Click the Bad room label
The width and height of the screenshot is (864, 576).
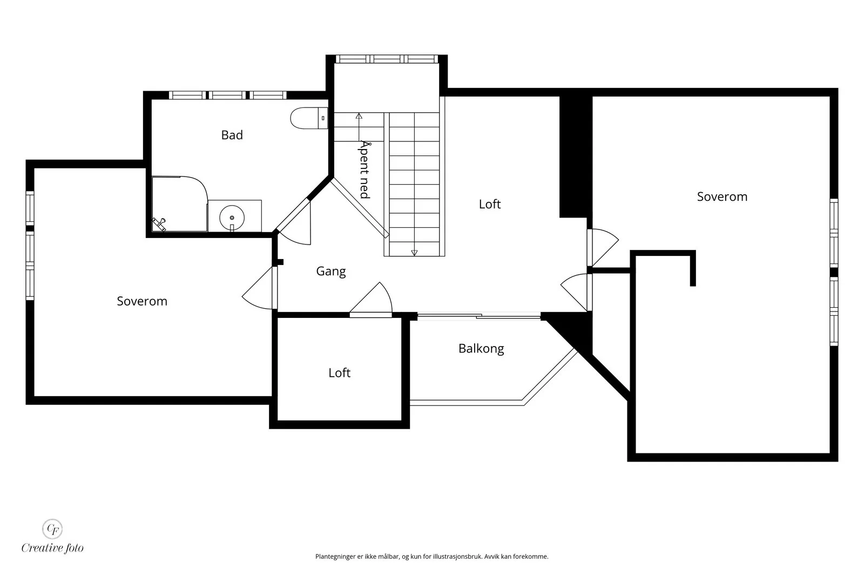click(x=232, y=135)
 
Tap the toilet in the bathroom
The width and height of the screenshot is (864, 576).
click(x=309, y=118)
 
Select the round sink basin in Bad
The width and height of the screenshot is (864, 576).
click(x=232, y=218)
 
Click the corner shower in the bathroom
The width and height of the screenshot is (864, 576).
click(x=180, y=204)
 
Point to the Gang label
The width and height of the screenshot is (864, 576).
click(x=331, y=272)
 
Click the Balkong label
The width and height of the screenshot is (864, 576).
click(x=481, y=349)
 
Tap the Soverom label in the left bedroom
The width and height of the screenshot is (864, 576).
click(x=142, y=301)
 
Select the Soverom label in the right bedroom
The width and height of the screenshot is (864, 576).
click(x=722, y=196)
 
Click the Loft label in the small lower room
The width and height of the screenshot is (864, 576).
click(x=340, y=373)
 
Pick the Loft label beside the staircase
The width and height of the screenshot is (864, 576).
click(x=490, y=204)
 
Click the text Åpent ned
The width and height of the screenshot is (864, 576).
click(x=364, y=170)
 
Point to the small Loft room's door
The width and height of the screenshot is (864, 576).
click(x=370, y=300)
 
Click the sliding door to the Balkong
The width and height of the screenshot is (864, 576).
click(x=478, y=316)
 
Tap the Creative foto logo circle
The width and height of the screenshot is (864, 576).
click(x=52, y=528)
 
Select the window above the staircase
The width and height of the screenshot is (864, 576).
click(x=387, y=59)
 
